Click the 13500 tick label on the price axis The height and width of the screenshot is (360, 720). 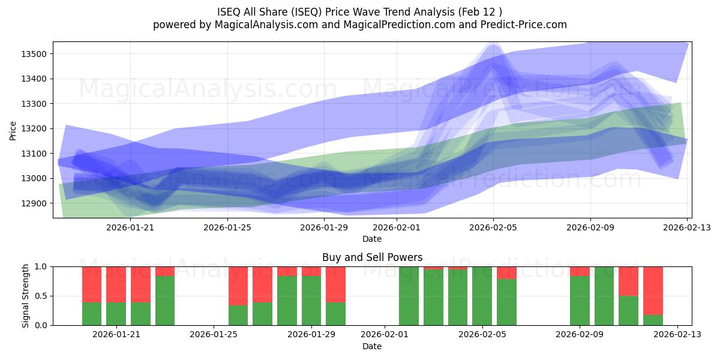pyautogui.click(x=34, y=54)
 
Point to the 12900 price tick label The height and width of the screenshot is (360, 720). pyautogui.click(x=34, y=203)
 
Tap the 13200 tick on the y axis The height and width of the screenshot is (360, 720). pyautogui.click(x=34, y=128)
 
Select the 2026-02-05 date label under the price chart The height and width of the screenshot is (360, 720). pyautogui.click(x=493, y=227)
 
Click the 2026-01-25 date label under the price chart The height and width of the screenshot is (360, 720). pyautogui.click(x=227, y=227)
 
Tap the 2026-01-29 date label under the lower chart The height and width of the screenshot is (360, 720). pyautogui.click(x=311, y=335)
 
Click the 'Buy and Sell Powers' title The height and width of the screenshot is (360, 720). pyautogui.click(x=372, y=257)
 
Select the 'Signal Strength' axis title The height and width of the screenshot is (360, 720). pyautogui.click(x=25, y=296)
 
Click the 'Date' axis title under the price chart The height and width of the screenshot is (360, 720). pyautogui.click(x=372, y=239)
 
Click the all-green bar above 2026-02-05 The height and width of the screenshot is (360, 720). pyautogui.click(x=482, y=296)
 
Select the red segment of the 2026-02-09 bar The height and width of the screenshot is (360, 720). pyautogui.click(x=580, y=271)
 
